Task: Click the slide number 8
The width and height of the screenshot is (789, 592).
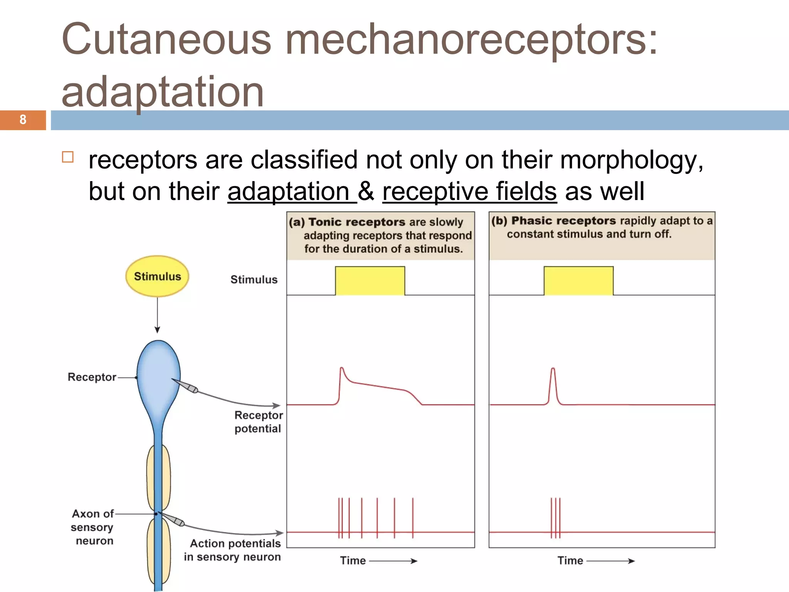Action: pyautogui.click(x=23, y=120)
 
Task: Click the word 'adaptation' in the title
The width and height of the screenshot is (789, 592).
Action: pyautogui.click(x=163, y=92)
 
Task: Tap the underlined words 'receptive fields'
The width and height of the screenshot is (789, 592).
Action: pyautogui.click(x=469, y=191)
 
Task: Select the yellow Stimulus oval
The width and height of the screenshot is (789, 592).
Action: pyautogui.click(x=157, y=276)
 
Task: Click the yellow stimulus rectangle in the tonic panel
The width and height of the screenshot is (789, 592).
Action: pyautogui.click(x=370, y=281)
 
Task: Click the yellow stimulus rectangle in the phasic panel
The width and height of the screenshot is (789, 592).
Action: pyautogui.click(x=578, y=281)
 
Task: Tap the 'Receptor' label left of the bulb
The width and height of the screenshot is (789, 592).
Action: pyautogui.click(x=92, y=377)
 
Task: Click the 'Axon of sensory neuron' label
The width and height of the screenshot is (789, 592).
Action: pyautogui.click(x=92, y=527)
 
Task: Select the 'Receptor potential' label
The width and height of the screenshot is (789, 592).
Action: pyautogui.click(x=258, y=422)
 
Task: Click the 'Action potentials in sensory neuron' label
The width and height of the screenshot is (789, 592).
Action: pyautogui.click(x=233, y=550)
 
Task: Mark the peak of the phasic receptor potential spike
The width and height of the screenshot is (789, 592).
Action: pyautogui.click(x=553, y=369)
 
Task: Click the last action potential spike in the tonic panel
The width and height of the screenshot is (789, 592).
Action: pyautogui.click(x=413, y=516)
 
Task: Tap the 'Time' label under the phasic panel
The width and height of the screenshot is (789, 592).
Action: pyautogui.click(x=570, y=560)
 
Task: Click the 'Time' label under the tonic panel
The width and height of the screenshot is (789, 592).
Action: pyautogui.click(x=353, y=560)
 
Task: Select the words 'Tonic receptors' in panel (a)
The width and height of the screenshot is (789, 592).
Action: pyautogui.click(x=357, y=222)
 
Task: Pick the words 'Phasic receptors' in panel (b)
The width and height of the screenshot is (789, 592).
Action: pyautogui.click(x=564, y=220)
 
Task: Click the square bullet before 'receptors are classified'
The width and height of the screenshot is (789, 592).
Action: pyautogui.click(x=68, y=157)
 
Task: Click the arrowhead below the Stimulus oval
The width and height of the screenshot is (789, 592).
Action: pyautogui.click(x=157, y=330)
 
